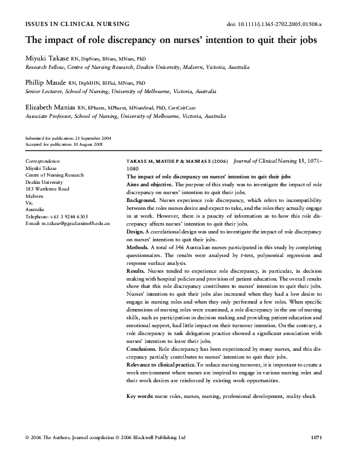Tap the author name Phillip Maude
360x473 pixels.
pyautogui.click(x=45, y=82)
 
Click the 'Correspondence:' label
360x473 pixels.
pyautogui.click(x=42, y=161)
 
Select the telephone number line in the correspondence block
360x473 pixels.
pyautogui.click(x=56, y=216)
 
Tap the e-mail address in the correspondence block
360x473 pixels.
pyautogui.click(x=67, y=224)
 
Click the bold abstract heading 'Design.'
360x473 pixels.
pyautogui.click(x=136, y=231)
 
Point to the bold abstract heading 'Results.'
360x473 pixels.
pyautogui.click(x=137, y=272)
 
